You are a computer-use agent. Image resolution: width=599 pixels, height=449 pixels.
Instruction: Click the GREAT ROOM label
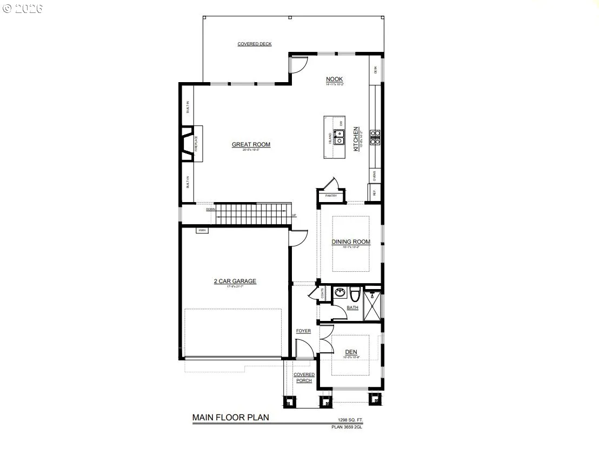point(251,144)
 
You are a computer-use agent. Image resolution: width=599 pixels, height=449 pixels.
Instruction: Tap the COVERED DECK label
point(254,44)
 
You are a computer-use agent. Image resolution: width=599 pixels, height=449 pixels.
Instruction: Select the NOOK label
point(334,79)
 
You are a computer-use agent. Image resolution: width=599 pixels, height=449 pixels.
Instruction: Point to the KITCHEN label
point(356,139)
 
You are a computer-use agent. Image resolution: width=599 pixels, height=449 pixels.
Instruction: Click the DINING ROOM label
point(351,242)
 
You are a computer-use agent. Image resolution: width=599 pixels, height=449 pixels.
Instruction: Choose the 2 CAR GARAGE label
point(234,281)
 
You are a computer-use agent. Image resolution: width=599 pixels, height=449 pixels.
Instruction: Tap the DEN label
point(351,351)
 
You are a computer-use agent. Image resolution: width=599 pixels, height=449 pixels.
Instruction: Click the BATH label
point(352,307)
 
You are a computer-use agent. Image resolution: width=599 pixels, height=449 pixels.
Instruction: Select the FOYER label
point(303,331)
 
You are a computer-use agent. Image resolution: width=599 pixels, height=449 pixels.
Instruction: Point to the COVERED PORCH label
point(304,377)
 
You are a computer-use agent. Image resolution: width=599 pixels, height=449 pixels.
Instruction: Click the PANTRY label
point(331,196)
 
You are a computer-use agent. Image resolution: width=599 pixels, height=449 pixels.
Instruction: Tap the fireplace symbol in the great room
point(188,144)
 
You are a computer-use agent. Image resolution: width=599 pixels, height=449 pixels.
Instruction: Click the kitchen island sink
point(339,141)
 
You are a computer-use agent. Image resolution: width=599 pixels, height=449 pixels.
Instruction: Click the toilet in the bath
point(355,294)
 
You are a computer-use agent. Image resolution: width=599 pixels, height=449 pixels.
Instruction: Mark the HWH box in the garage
point(203,230)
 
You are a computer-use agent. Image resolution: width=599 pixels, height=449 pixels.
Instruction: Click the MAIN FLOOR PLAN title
point(231,417)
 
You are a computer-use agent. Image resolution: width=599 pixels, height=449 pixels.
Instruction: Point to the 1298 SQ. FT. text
point(350,420)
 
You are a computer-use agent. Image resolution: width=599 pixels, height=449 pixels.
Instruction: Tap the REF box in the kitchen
point(374,192)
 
